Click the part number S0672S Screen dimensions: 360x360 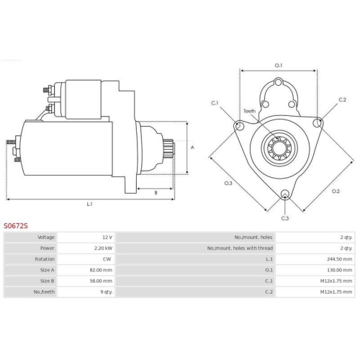[x=16, y=225]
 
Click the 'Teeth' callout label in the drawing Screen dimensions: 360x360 [x=249, y=111]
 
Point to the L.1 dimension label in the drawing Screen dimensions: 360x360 [x=90, y=204]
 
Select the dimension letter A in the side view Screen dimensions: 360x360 [x=192, y=147]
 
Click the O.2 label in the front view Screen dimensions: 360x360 [x=336, y=191]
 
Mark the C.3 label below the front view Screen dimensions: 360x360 [x=285, y=217]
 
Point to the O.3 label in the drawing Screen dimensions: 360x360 [x=228, y=183]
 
